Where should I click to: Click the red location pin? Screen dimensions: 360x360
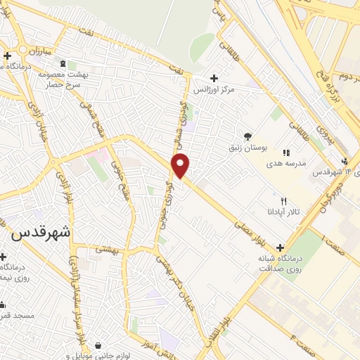point(181,165)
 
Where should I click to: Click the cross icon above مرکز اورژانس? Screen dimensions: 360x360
point(214,78)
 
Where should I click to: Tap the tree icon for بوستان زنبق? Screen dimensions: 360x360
point(247,136)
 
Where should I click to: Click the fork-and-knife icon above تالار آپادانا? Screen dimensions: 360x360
point(283,200)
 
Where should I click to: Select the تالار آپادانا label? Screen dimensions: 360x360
point(283,211)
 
